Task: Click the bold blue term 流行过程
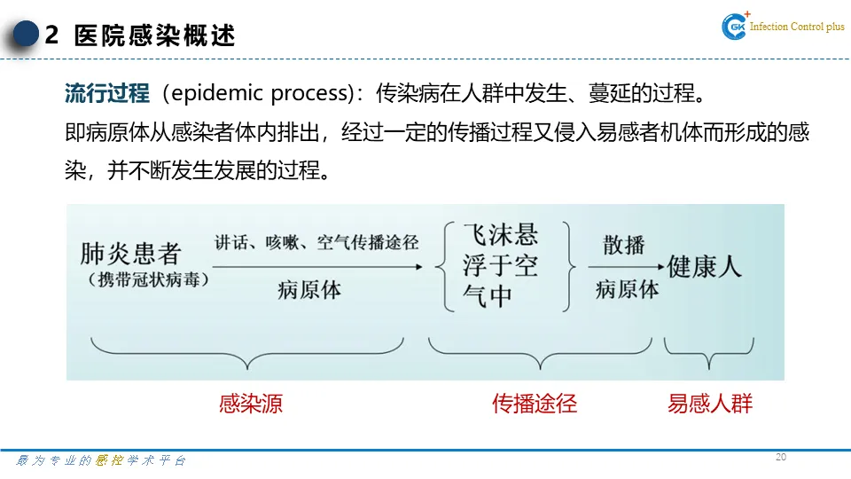[x=107, y=93]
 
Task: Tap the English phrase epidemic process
[x=262, y=94]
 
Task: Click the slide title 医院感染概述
[x=155, y=36]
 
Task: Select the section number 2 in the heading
[x=51, y=36]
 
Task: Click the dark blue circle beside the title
[x=27, y=35]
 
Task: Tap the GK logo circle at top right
[x=736, y=27]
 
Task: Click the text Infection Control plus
[x=797, y=27]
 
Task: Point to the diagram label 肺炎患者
[x=130, y=254]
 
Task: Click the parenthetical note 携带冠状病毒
[x=148, y=279]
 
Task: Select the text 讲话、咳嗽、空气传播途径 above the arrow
[x=316, y=242]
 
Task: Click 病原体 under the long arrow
[x=308, y=290]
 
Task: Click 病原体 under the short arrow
[x=627, y=289]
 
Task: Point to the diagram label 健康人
[x=705, y=266]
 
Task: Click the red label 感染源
[x=251, y=404]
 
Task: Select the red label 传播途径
[x=535, y=404]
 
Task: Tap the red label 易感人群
[x=709, y=404]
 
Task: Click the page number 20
[x=780, y=457]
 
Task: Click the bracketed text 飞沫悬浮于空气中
[x=501, y=265]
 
